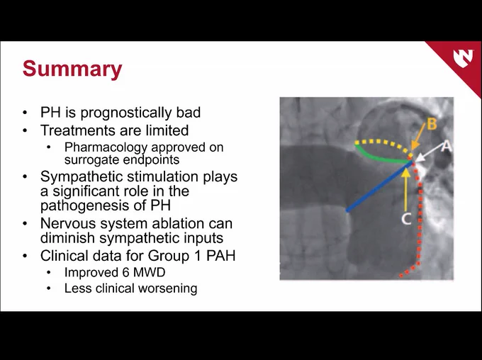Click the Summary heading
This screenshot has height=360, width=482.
pyautogui.click(x=72, y=69)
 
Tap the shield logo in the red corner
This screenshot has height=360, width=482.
pyautogui.click(x=463, y=57)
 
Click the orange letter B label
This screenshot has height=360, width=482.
pyautogui.click(x=432, y=124)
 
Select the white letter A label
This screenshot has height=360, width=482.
pyautogui.click(x=447, y=146)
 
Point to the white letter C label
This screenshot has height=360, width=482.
pyautogui.click(x=406, y=218)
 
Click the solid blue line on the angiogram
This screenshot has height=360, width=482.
pyautogui.click(x=380, y=186)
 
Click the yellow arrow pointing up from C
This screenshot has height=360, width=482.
pyautogui.click(x=405, y=190)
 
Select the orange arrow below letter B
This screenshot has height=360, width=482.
pyautogui.click(x=418, y=137)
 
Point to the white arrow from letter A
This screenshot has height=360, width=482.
pyautogui.click(x=429, y=153)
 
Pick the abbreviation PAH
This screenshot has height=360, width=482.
pyautogui.click(x=220, y=256)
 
